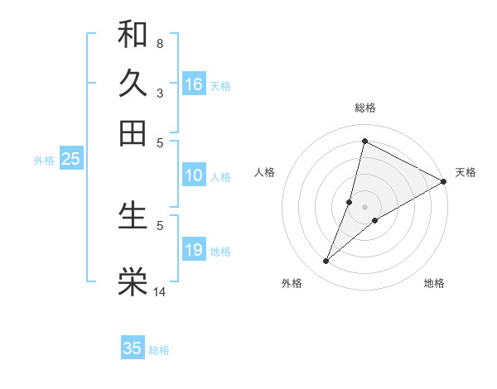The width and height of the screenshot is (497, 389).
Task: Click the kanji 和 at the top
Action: pyautogui.click(x=133, y=34)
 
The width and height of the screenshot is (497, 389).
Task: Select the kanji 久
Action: pyautogui.click(x=133, y=83)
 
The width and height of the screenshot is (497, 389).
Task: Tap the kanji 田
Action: pyautogui.click(x=133, y=132)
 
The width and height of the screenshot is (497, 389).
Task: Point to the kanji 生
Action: pyautogui.click(x=133, y=214)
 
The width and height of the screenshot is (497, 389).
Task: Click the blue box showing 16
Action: pyautogui.click(x=194, y=84)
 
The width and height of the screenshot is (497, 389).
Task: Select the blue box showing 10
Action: pyautogui.click(x=194, y=175)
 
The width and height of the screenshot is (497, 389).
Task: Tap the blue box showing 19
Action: pyautogui.click(x=194, y=250)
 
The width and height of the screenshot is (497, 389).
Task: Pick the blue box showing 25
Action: pyautogui.click(x=70, y=160)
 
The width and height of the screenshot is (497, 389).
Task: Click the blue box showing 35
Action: pyautogui.click(x=133, y=348)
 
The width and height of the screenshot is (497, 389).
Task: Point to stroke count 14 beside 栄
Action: pyautogui.click(x=160, y=291)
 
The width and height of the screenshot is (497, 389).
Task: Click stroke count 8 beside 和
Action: pyautogui.click(x=159, y=43)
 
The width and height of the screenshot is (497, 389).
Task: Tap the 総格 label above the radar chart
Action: pyautogui.click(x=365, y=108)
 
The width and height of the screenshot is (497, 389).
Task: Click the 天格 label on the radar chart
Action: pyautogui.click(x=466, y=172)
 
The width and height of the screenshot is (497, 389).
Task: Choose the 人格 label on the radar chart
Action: pyautogui.click(x=265, y=172)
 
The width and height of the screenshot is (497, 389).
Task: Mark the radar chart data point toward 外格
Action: pyautogui.click(x=326, y=262)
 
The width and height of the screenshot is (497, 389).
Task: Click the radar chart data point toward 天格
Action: pyautogui.click(x=444, y=181)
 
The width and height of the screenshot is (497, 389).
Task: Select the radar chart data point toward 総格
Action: pyautogui.click(x=364, y=141)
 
